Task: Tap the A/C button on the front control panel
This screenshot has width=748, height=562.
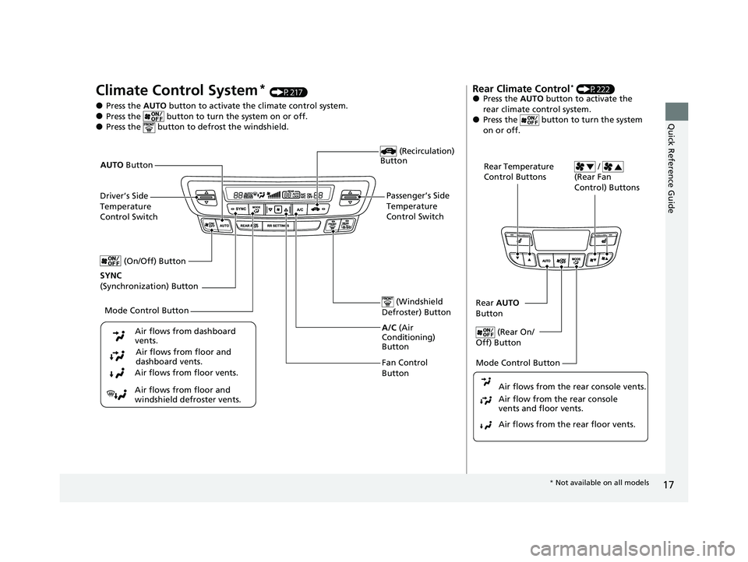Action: (298, 209)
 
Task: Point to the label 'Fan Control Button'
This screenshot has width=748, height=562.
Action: (404, 368)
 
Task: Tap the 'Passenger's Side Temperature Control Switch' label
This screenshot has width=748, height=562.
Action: (418, 205)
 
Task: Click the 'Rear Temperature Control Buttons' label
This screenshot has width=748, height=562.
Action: (519, 171)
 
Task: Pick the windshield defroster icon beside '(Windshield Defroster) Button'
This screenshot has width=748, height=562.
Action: (386, 302)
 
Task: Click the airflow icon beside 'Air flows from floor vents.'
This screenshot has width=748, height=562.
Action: (118, 374)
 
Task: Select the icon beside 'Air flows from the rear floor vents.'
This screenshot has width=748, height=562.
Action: (485, 425)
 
